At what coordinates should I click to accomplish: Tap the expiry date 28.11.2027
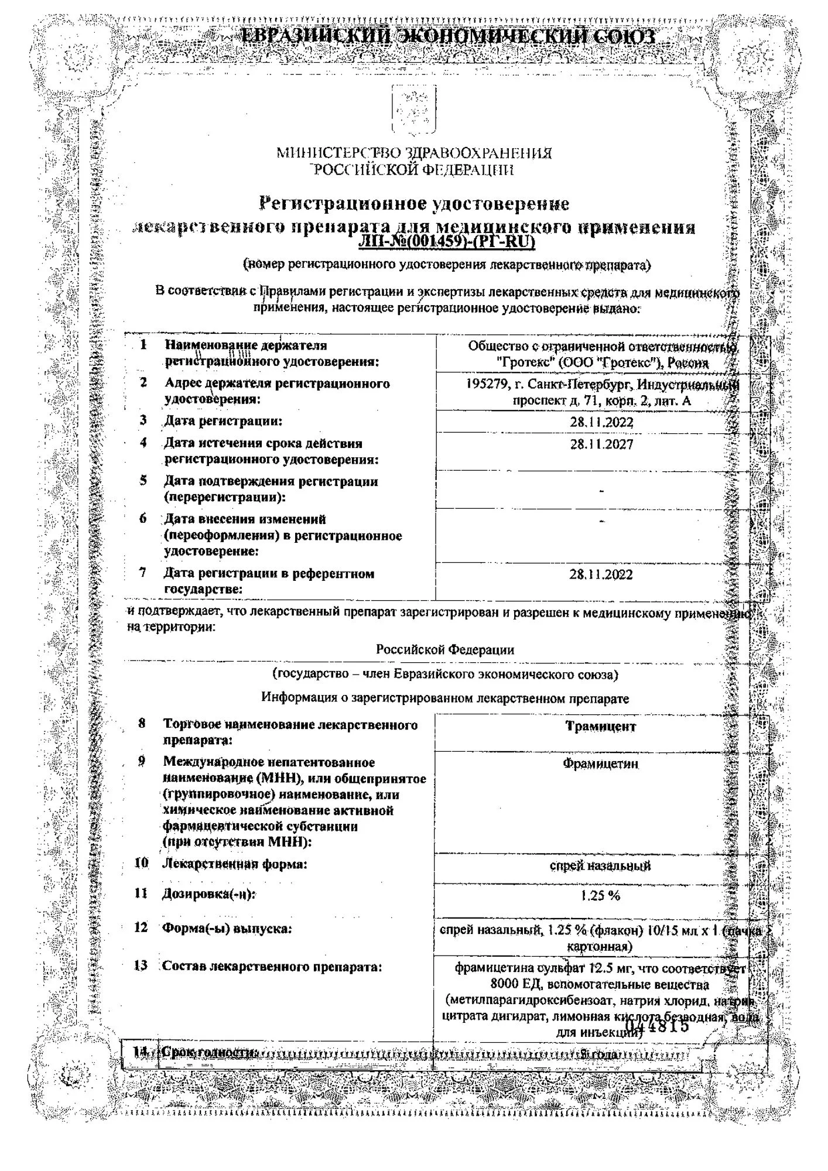(x=601, y=444)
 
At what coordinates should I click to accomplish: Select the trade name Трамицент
(x=600, y=727)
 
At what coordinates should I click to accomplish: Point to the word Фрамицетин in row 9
(x=600, y=764)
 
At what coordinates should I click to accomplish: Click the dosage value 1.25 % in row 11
(x=600, y=895)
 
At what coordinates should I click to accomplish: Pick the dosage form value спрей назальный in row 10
(x=600, y=865)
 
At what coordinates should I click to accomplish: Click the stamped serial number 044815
(x=657, y=1026)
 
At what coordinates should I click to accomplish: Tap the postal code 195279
(x=488, y=385)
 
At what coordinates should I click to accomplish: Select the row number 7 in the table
(x=142, y=573)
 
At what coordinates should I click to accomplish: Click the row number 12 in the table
(x=141, y=928)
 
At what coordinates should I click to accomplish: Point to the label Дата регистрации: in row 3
(x=223, y=421)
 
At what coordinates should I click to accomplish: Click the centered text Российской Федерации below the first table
(x=445, y=649)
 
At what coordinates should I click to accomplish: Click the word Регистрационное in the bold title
(x=343, y=204)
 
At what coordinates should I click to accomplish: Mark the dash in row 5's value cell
(x=601, y=490)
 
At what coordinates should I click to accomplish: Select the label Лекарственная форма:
(x=235, y=864)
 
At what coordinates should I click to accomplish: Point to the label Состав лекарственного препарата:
(x=272, y=967)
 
